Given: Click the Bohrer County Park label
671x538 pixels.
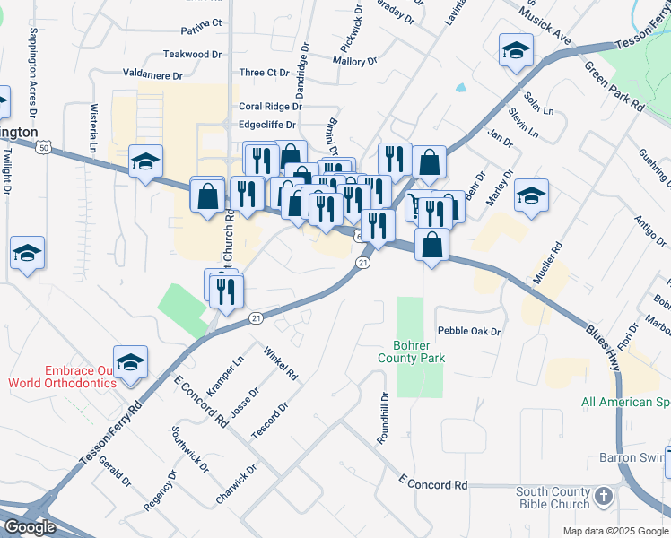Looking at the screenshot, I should coord(419,351).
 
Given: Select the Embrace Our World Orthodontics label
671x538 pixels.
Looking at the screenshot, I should coord(63,377).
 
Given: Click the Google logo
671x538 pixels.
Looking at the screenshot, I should coord(30,527).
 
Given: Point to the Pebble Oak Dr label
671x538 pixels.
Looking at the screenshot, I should coord(468,332).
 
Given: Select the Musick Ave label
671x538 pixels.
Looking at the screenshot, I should coord(548,29).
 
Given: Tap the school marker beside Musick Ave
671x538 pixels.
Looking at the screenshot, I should coord(516,51).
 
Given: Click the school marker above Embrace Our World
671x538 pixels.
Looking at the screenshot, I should coord(130,361).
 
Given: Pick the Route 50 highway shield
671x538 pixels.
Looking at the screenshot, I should coord(45,144).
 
